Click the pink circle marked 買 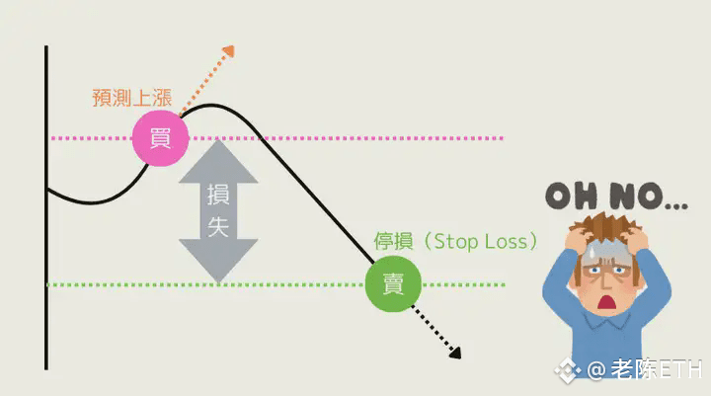coord(160,138)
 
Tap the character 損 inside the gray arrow coord(217,196)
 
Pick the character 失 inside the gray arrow coord(217,226)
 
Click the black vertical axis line coord(46,207)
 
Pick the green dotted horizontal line coord(247,285)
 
